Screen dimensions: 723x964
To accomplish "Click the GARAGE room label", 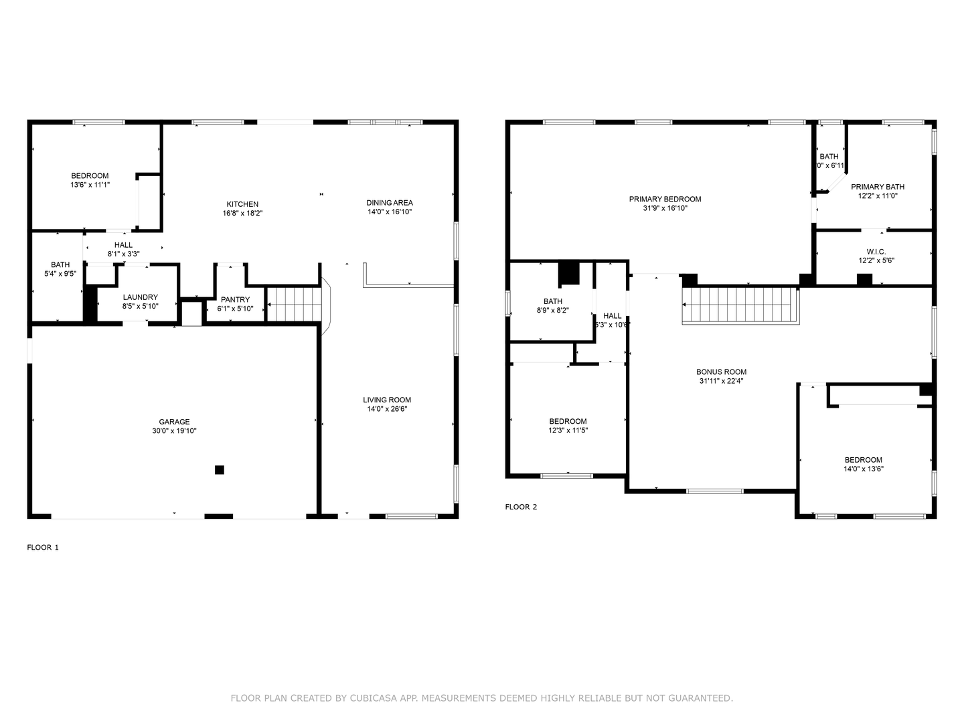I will pos(174,422).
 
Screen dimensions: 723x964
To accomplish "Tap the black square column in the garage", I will pos(219,470).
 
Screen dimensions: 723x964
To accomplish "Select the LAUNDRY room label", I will pos(141,297).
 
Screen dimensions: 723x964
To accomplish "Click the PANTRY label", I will pos(235,299).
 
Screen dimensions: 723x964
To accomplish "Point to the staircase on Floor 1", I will pos(294,304).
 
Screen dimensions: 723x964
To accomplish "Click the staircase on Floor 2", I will pos(740,305).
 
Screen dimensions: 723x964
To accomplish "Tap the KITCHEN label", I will pos(242,204).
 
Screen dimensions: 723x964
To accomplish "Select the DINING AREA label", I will pos(390,203).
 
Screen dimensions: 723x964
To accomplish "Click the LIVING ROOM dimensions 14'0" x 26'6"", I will pos(387,409).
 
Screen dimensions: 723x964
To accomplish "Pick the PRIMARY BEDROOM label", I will pos(665,199).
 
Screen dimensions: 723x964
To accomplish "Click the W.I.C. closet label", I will pos(876,252).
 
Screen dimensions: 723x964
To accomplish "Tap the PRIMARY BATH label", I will pos(878,187).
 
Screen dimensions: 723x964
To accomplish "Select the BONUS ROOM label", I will pos(721,372).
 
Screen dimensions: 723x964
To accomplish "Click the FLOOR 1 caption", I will pos(43,548).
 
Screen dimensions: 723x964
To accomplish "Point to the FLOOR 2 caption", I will pos(521,507).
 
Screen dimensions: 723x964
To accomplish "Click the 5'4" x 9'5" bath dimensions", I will pos(60,274).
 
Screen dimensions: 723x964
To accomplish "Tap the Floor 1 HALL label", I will pos(124,245).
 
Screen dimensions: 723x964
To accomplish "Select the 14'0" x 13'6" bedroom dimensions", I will pos(864,469).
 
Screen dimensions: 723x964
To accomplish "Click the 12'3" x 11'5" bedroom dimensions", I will pos(568,430).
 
